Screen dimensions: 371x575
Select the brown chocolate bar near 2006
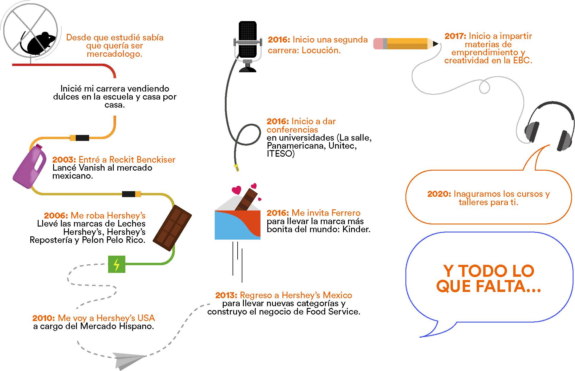(172, 228)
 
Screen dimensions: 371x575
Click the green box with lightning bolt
(116, 264)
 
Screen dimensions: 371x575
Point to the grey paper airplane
(128, 360)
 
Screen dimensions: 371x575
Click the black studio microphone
(247, 40)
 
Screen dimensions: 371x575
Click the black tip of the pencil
(435, 44)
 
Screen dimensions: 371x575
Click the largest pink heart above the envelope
(237, 190)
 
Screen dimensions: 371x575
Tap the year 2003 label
(64, 160)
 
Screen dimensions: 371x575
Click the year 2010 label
(44, 318)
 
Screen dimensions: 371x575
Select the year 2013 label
(226, 295)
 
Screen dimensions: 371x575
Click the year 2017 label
(455, 36)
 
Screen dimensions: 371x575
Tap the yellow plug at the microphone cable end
(237, 168)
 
